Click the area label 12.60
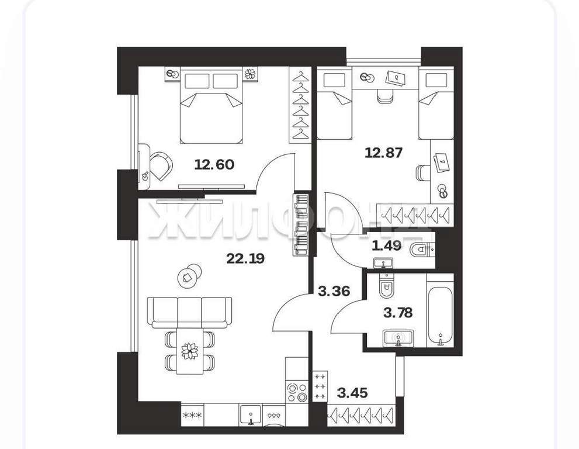214,164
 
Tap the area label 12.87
383,153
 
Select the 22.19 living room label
245,258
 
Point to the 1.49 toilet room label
386,246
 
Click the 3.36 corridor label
334,291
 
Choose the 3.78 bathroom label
398,313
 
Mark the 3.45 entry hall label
353,393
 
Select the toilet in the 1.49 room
421,250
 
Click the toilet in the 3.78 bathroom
387,285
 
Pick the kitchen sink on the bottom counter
251,415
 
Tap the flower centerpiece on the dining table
189,351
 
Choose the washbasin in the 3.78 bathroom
398,338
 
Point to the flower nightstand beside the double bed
251,74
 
